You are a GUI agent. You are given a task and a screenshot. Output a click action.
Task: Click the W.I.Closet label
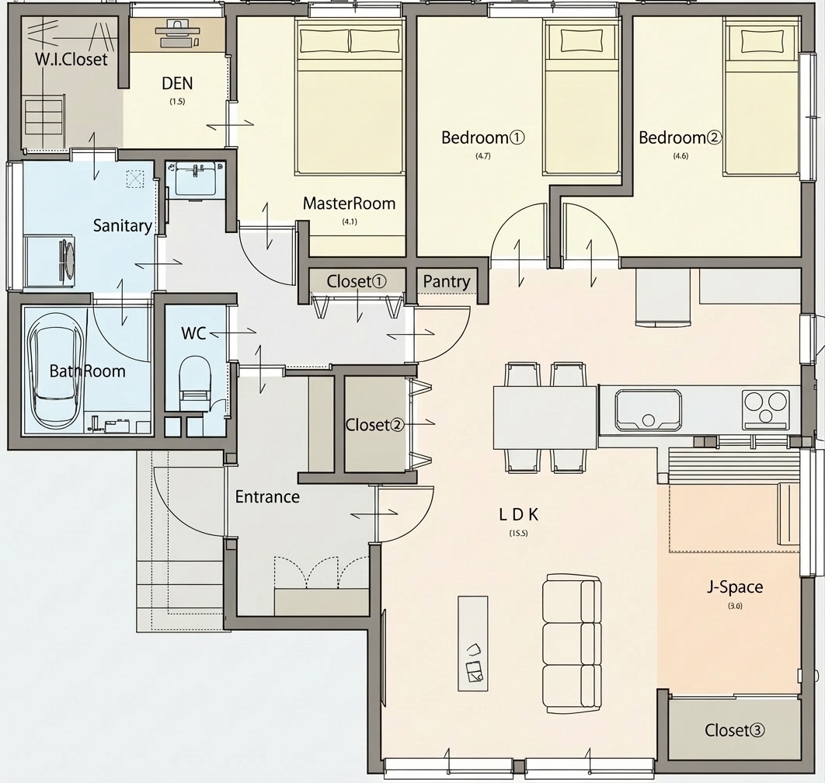click(x=71, y=59)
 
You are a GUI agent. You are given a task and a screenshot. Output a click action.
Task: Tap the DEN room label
click(x=177, y=83)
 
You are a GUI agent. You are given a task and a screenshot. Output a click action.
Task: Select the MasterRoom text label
click(x=349, y=203)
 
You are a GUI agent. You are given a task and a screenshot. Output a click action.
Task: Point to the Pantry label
click(x=446, y=281)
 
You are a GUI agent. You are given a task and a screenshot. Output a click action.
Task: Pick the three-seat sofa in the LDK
click(x=572, y=643)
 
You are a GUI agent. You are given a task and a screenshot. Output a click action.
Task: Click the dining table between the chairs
click(x=545, y=417)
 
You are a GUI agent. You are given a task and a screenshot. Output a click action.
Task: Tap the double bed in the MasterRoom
click(x=350, y=97)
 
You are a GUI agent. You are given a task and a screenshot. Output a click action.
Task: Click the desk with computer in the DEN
click(x=178, y=34)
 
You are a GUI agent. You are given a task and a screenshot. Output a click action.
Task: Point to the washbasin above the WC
click(x=195, y=179)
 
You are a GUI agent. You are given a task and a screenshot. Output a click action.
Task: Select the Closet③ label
click(x=735, y=730)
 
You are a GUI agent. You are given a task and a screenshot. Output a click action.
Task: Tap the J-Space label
click(x=735, y=586)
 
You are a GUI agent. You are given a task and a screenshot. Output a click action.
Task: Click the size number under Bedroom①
click(x=483, y=156)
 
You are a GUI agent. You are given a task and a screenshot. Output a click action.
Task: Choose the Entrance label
click(x=267, y=496)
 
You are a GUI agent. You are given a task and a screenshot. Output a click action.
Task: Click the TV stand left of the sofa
click(x=472, y=643)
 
